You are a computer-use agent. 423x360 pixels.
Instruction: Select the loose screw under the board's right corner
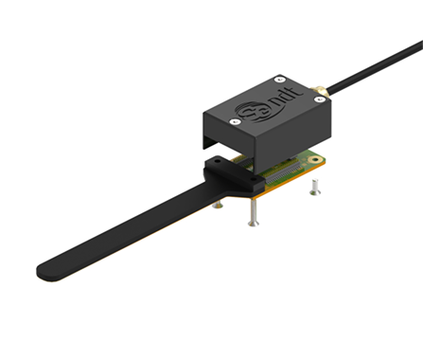coord(313,190)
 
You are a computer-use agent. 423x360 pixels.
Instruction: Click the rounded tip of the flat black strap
coord(47,273)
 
